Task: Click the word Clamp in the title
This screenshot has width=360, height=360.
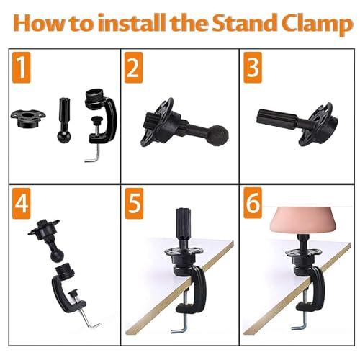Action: pos(319,24)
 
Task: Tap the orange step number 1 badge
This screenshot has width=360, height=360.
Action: pos(22,68)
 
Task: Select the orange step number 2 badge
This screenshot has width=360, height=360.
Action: pos(134,68)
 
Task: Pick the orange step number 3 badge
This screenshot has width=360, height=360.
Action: pos(253,68)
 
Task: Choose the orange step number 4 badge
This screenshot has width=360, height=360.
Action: pos(22,204)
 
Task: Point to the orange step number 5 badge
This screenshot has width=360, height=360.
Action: pos(134,204)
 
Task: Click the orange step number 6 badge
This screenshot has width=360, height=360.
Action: pos(253,203)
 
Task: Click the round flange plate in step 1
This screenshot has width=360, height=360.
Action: pos(28,119)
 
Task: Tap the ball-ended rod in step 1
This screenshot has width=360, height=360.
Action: pos(64,120)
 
